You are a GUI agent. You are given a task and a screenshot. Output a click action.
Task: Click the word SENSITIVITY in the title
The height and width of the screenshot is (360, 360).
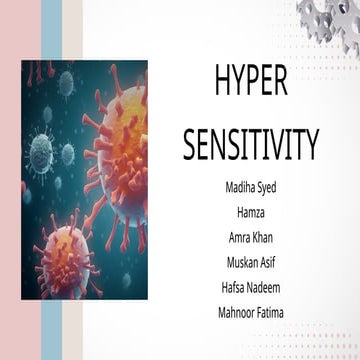[250, 144]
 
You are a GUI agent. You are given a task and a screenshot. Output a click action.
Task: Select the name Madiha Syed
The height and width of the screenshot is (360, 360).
[250, 188]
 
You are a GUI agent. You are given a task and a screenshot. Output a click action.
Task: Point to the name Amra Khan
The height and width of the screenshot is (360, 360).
[250, 238]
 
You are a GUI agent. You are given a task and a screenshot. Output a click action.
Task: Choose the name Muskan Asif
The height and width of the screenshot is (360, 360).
[250, 263]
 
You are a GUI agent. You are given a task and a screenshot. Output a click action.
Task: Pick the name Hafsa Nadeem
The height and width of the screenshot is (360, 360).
[250, 288]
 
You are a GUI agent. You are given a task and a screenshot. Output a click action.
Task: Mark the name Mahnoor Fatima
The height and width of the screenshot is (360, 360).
[250, 313]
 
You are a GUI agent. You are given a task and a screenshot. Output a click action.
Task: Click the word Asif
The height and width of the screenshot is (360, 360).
[267, 263]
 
